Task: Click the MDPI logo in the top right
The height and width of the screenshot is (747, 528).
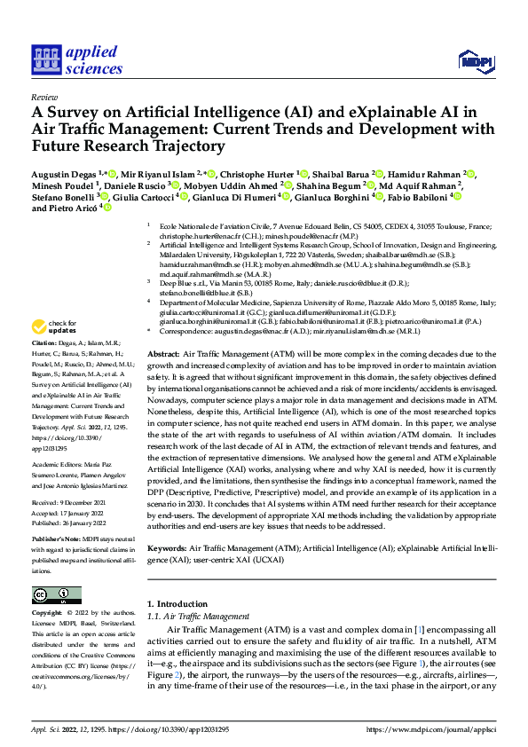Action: (474, 59)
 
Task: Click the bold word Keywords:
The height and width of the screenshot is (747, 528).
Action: (169, 525)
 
